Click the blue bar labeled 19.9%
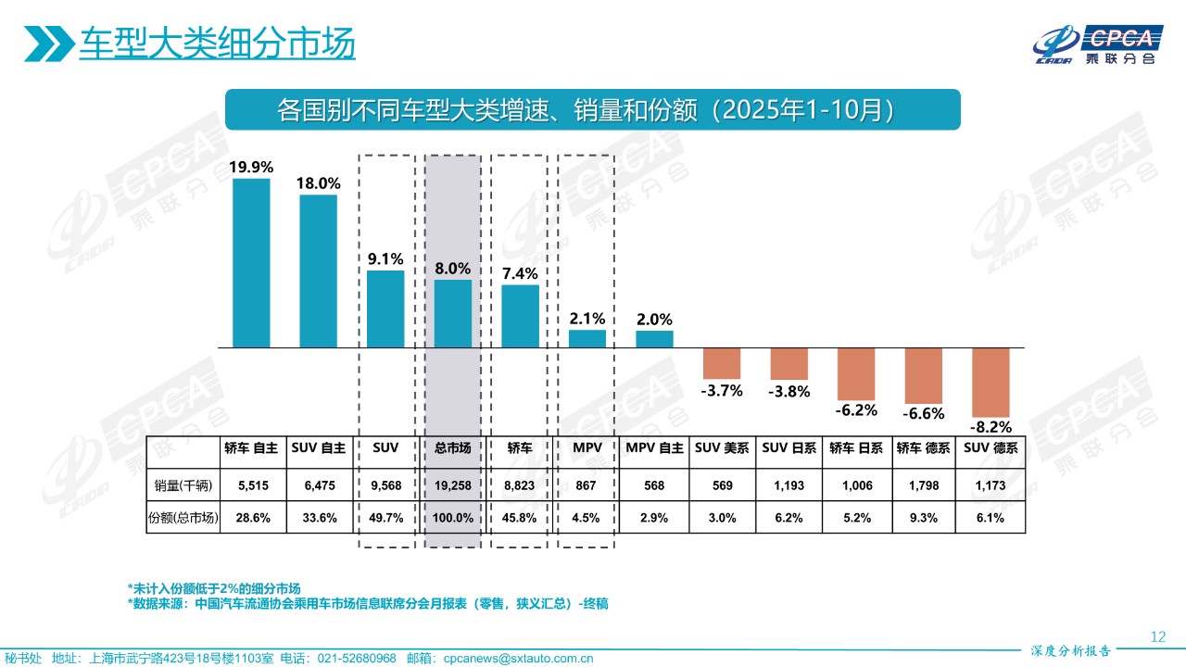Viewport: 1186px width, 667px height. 251,263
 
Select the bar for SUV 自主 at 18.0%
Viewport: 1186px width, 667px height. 318,271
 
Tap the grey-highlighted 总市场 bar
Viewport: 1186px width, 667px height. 453,313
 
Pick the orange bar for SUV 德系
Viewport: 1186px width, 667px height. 990,382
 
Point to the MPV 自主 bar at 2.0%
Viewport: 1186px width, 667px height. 654,339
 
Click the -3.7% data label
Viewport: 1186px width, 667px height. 722,390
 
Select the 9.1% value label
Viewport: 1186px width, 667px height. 385,259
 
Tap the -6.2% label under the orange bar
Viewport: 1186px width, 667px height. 856,409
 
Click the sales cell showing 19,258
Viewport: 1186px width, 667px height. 453,485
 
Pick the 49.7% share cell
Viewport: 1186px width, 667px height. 385,518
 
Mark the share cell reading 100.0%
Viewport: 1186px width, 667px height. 453,518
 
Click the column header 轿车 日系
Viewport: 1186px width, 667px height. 856,447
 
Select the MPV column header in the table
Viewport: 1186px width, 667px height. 587,447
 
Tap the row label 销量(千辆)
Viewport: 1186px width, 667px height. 183,485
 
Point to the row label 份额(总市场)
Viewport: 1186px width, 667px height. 183,518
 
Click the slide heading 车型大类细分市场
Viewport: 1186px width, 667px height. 217,44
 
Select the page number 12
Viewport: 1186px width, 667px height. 1157,636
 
